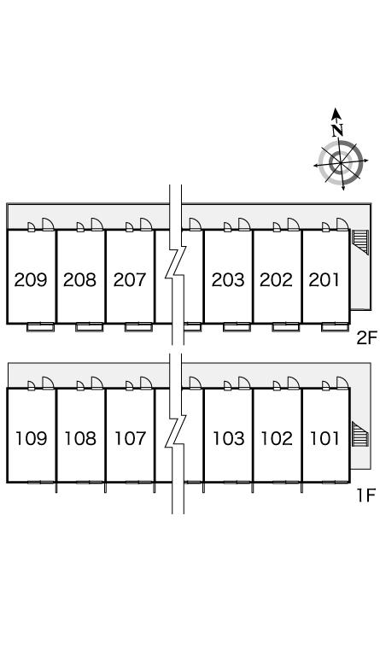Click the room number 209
pyautogui.click(x=31, y=279)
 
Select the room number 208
pyautogui.click(x=80, y=279)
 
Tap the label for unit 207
pyautogui.click(x=130, y=279)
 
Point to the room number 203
pyautogui.click(x=228, y=279)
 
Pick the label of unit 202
pyautogui.click(x=277, y=279)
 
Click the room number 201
pyautogui.click(x=324, y=279)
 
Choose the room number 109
pyautogui.click(x=32, y=438)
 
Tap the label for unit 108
pyautogui.click(x=80, y=438)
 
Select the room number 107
pyautogui.click(x=131, y=438)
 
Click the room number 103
pyautogui.click(x=229, y=438)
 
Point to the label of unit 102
pyautogui.click(x=277, y=438)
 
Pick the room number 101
pyautogui.click(x=324, y=438)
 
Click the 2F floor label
pyautogui.click(x=366, y=337)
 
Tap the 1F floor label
pyautogui.click(x=367, y=495)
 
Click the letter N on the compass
pyautogui.click(x=338, y=131)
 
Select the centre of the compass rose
pyautogui.click(x=340, y=162)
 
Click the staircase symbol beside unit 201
pyautogui.click(x=360, y=242)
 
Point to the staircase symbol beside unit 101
pyautogui.click(x=360, y=435)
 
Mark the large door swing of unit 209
pyautogui.click(x=49, y=225)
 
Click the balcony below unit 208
pyautogui.click(x=89, y=327)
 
